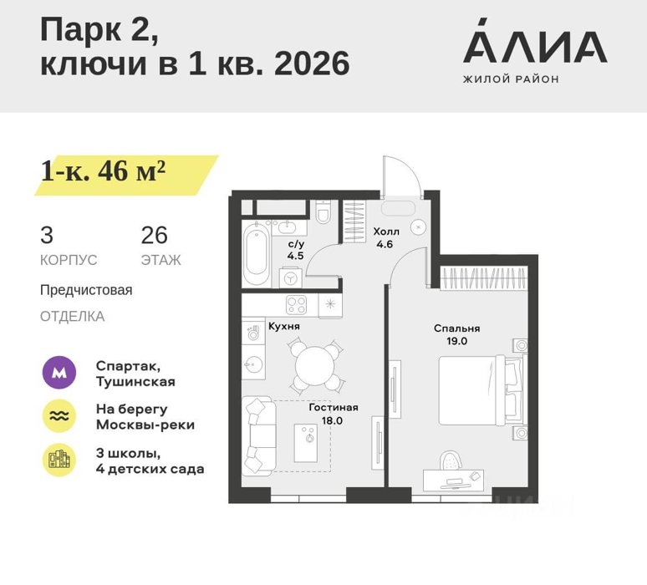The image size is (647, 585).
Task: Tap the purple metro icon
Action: [x=59, y=373]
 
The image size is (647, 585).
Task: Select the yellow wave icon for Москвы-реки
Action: [x=59, y=416]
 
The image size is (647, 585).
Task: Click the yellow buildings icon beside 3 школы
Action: [x=59, y=460]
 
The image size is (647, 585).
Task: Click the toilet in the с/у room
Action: [x=323, y=212]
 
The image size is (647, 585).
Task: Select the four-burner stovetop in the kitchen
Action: [x=296, y=305]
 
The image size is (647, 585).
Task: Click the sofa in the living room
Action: [x=259, y=435]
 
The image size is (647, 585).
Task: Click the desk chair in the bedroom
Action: [x=451, y=460]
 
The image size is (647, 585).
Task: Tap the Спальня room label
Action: [x=456, y=328]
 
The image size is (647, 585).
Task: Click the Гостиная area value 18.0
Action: [x=332, y=421]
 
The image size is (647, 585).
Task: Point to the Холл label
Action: [x=386, y=231]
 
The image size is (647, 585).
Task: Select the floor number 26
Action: [x=155, y=235]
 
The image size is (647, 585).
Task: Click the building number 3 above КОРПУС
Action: [x=47, y=235]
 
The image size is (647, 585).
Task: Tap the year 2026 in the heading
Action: [x=312, y=64]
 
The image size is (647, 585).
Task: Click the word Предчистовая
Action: [x=86, y=290]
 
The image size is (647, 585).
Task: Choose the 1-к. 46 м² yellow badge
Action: [x=126, y=175]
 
